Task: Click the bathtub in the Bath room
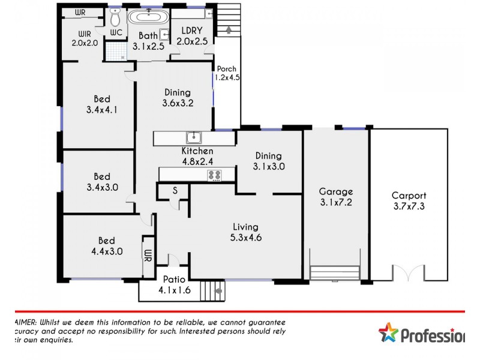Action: [146, 16]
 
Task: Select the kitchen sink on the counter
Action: [193, 137]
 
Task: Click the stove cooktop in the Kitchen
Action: [214, 175]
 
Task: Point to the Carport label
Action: [409, 195]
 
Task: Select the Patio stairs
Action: [212, 292]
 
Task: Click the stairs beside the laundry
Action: [228, 22]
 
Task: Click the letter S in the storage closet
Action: [175, 190]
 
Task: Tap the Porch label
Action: [226, 68]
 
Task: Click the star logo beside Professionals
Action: [388, 333]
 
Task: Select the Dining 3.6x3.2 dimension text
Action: [177, 103]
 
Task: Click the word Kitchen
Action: [197, 151]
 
